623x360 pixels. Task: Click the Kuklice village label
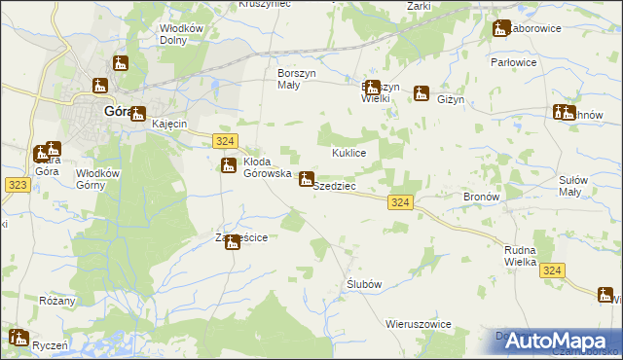[x=348, y=154]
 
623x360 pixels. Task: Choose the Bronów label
[x=481, y=196]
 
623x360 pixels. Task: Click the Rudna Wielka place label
[x=522, y=256]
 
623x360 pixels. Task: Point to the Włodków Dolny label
[x=182, y=35]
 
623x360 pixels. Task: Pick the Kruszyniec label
[x=265, y=5]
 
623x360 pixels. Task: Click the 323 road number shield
[x=17, y=183]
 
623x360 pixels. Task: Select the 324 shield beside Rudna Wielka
[x=553, y=271]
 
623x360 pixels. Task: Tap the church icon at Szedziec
[x=306, y=179]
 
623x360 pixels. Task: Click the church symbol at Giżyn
[x=421, y=93]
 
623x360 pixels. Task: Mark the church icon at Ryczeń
[x=18, y=338]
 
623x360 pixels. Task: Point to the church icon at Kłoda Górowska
[x=228, y=165]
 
